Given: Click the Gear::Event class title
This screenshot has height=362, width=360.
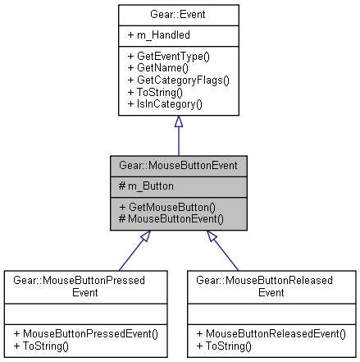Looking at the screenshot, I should (178, 14).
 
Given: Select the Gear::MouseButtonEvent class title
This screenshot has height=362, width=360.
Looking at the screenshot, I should (178, 164).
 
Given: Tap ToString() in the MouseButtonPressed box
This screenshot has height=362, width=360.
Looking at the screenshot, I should (39, 345).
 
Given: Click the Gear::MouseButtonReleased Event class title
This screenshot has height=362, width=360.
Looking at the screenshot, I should (270, 285).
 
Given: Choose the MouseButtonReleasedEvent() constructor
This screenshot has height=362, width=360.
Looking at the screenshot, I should (271, 334).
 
